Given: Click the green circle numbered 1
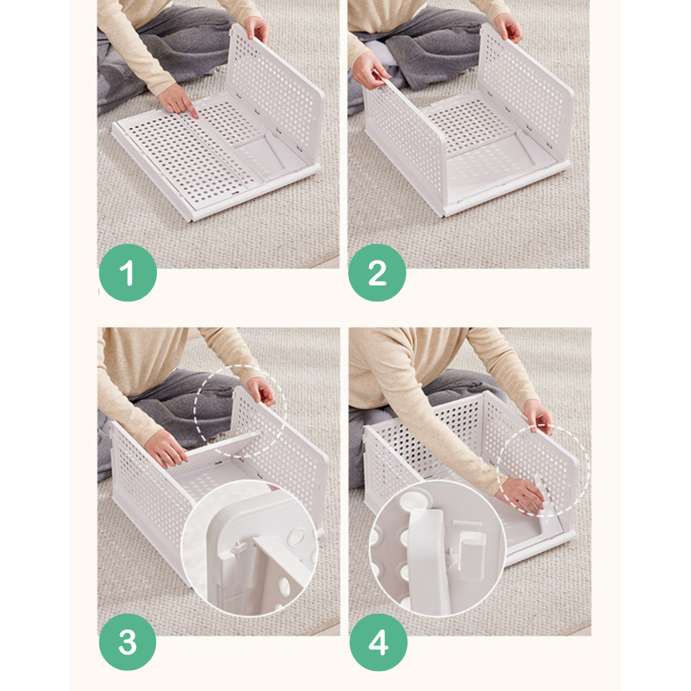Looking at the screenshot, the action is pyautogui.click(x=128, y=272).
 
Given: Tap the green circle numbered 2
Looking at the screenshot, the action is pyautogui.click(x=377, y=272).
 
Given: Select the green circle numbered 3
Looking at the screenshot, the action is pyautogui.click(x=128, y=642).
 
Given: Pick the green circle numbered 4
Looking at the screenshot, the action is pyautogui.click(x=379, y=642).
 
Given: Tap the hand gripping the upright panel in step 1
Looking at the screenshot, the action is pyautogui.click(x=257, y=29).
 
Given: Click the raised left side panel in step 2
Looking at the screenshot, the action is pyautogui.click(x=404, y=145).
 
